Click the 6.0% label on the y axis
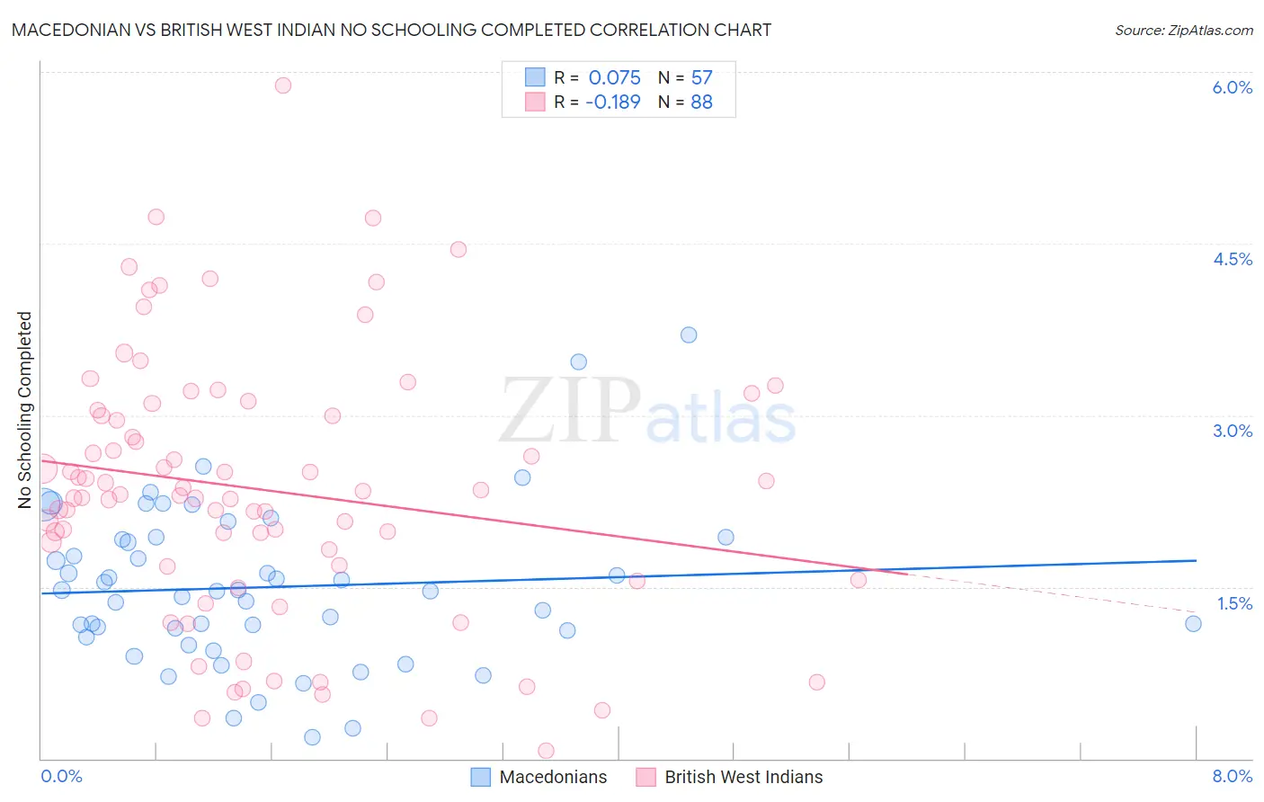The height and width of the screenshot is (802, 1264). coord(1232,87)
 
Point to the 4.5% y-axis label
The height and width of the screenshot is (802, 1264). coord(1232,259)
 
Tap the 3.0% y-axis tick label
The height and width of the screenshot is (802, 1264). coord(1232,431)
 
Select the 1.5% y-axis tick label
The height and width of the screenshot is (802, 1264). coord(1234,603)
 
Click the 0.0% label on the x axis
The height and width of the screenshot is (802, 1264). coord(61,777)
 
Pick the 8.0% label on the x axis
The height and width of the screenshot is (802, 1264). coord(1232,777)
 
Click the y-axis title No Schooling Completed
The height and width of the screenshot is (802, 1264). coord(25,410)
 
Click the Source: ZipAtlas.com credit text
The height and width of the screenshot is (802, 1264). coord(1183,30)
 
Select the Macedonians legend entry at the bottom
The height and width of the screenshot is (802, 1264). coord(553,777)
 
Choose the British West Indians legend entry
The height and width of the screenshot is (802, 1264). coord(743,777)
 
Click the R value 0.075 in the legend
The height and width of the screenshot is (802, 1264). coord(614,77)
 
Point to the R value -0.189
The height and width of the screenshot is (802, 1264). coord(612,102)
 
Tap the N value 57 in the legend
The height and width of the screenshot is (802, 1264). coord(701,77)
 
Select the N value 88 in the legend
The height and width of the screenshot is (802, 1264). coord(701,102)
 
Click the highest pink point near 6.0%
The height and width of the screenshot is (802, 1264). coord(283,85)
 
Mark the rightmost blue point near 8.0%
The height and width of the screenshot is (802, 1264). coord(1193,624)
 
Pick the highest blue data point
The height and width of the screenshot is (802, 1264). coord(689,334)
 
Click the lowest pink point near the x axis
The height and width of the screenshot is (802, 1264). coord(546,751)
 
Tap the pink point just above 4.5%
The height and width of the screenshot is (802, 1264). coord(458,249)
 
